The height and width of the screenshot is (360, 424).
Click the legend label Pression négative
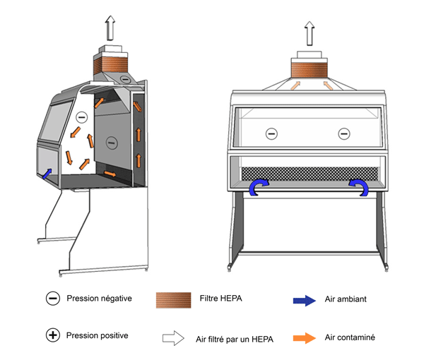coord(99,298)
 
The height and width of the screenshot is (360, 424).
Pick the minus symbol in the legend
coord(52,299)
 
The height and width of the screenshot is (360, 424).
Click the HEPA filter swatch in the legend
coord(173,299)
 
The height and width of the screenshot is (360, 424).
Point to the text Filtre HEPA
coord(224,299)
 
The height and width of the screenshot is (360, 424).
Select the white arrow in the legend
coord(173,338)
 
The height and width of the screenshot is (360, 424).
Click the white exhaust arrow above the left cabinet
coord(110,29)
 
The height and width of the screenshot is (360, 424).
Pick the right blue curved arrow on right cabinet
coord(359,187)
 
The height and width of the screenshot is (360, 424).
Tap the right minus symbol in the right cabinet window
coord(344,132)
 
